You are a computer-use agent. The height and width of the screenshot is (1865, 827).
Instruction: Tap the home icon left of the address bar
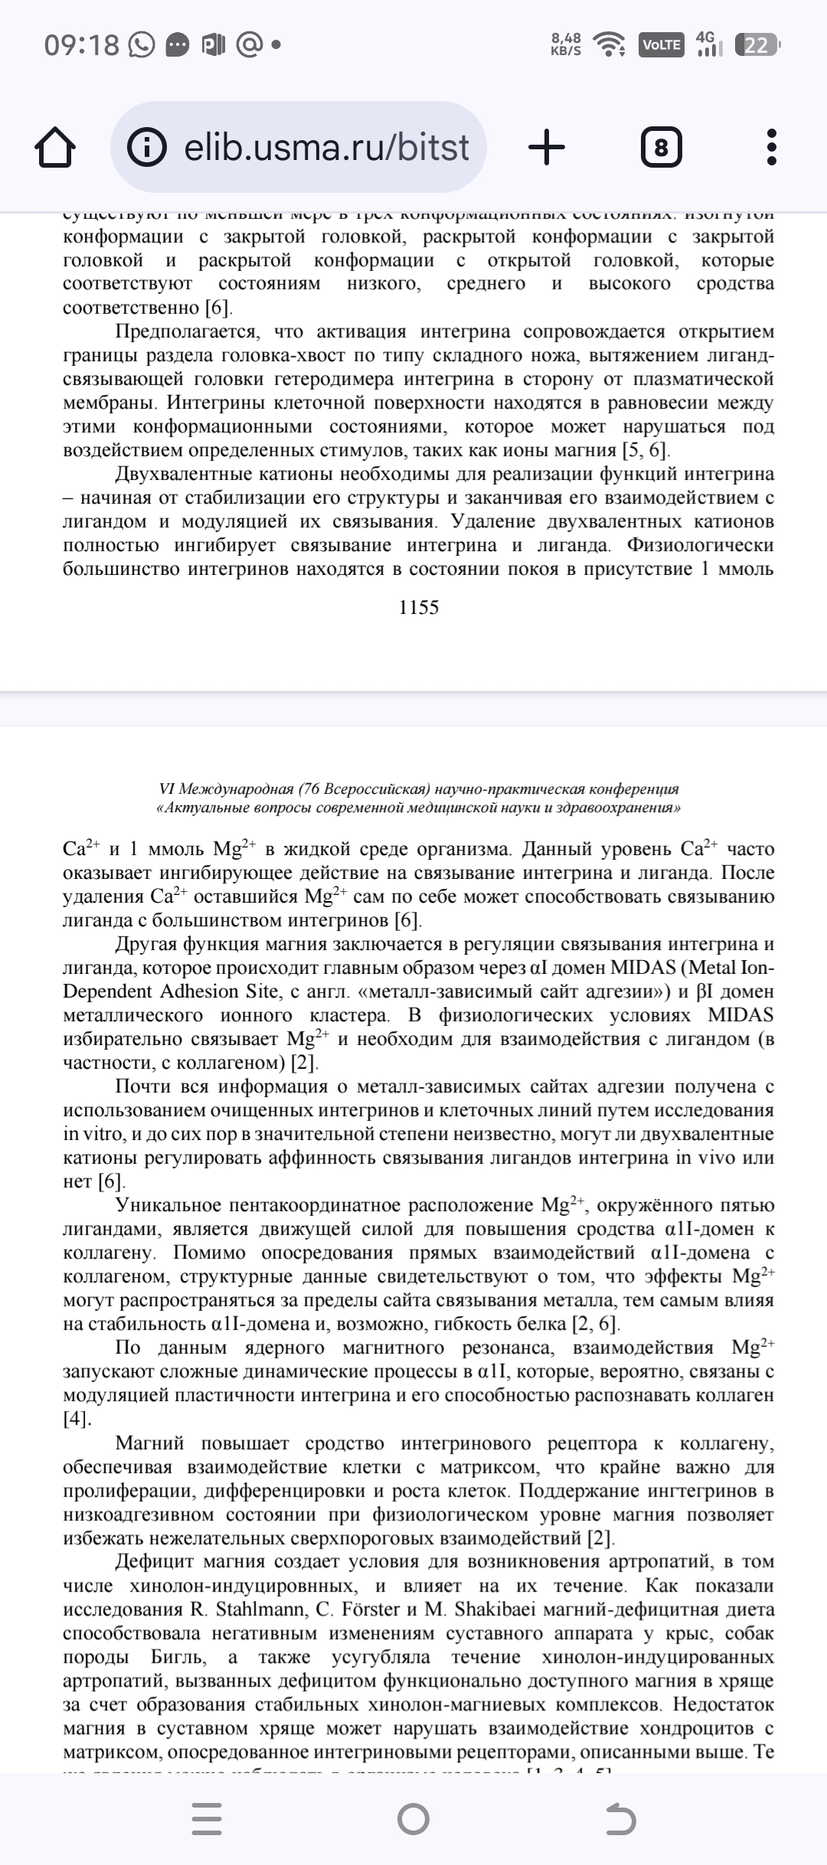(x=55, y=147)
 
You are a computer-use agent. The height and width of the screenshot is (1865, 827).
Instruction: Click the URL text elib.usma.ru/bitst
(x=326, y=147)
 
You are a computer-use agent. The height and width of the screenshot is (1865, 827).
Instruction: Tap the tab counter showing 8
(x=661, y=147)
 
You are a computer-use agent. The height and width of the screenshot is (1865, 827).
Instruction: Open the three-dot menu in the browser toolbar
(x=772, y=147)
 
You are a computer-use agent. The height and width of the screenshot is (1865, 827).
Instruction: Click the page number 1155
(x=419, y=607)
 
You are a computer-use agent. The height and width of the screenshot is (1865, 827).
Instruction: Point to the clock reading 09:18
(x=82, y=46)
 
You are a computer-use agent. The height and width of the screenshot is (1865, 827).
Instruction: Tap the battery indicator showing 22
(x=757, y=45)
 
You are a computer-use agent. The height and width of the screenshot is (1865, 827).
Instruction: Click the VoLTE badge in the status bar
(x=661, y=45)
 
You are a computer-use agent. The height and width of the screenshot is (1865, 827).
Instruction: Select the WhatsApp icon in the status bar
(x=142, y=46)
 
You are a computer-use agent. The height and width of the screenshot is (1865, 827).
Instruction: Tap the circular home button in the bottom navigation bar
(x=413, y=1820)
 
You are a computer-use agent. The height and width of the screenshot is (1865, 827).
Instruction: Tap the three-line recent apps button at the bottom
(x=207, y=1820)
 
